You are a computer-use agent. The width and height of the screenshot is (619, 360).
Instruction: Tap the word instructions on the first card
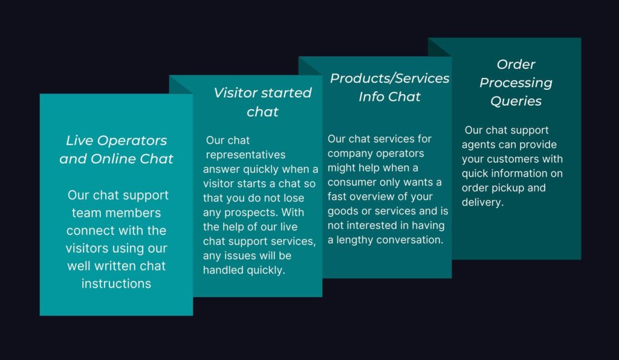pos(117,283)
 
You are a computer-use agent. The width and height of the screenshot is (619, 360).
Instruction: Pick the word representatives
pos(245,155)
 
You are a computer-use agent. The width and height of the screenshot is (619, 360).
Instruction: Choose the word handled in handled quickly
pos(222,270)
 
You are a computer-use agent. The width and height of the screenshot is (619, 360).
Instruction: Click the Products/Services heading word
pos(390,79)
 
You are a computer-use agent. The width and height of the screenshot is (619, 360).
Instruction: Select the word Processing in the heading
pos(516,83)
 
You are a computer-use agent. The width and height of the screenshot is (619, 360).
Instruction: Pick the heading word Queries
pos(516,101)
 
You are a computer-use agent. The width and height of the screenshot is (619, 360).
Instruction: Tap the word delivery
pos(483,202)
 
